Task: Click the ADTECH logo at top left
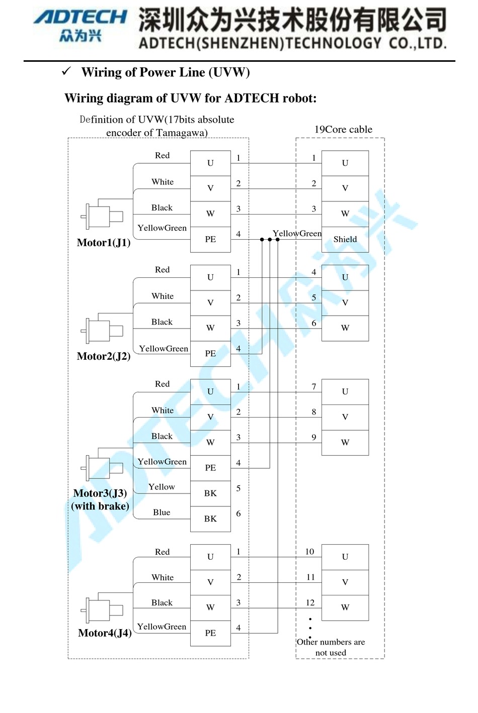[x=81, y=25]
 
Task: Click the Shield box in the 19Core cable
[x=345, y=239]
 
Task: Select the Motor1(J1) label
[x=104, y=243]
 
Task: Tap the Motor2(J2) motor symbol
[x=103, y=330]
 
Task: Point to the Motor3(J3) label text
[x=100, y=493]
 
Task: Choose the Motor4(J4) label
[x=105, y=633]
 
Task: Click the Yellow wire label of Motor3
[x=162, y=487]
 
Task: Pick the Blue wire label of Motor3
[x=162, y=513]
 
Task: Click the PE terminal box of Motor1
[x=210, y=239]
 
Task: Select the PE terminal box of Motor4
[x=210, y=633]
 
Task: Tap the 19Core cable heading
[x=343, y=130]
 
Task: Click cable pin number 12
[x=310, y=602]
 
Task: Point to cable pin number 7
[x=314, y=386]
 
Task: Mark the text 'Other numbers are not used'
[x=331, y=647]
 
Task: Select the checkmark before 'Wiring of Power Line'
[x=66, y=71]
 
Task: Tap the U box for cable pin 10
[x=345, y=557]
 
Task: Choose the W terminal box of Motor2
[x=210, y=328]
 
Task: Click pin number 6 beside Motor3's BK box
[x=238, y=514]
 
